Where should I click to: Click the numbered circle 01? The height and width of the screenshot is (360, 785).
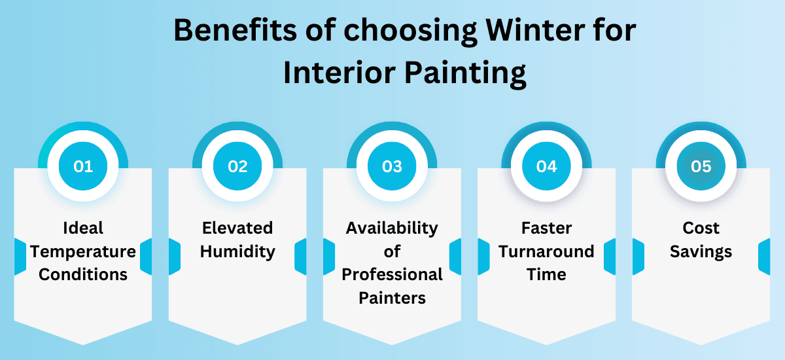83,166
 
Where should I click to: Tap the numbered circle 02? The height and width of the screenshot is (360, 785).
237,166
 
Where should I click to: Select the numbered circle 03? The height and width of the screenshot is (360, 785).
392,166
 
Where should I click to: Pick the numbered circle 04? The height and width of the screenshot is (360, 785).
546,166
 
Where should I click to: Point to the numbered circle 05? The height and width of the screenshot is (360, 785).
701,166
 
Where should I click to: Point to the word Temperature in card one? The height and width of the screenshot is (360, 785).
83,251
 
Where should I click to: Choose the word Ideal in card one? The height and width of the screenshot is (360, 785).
83,228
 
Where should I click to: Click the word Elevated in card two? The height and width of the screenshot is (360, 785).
237,228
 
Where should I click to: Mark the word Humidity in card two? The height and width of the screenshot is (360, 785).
237,251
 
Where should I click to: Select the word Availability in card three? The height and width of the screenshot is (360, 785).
392,228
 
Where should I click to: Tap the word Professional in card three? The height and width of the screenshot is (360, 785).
392,274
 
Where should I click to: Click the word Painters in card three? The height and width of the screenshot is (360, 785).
392,298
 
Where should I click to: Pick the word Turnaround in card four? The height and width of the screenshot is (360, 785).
546,251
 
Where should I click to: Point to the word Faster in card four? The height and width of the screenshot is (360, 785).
546,228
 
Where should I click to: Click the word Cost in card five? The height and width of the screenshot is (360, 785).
701,228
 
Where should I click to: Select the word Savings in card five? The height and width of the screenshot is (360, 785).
701,251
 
